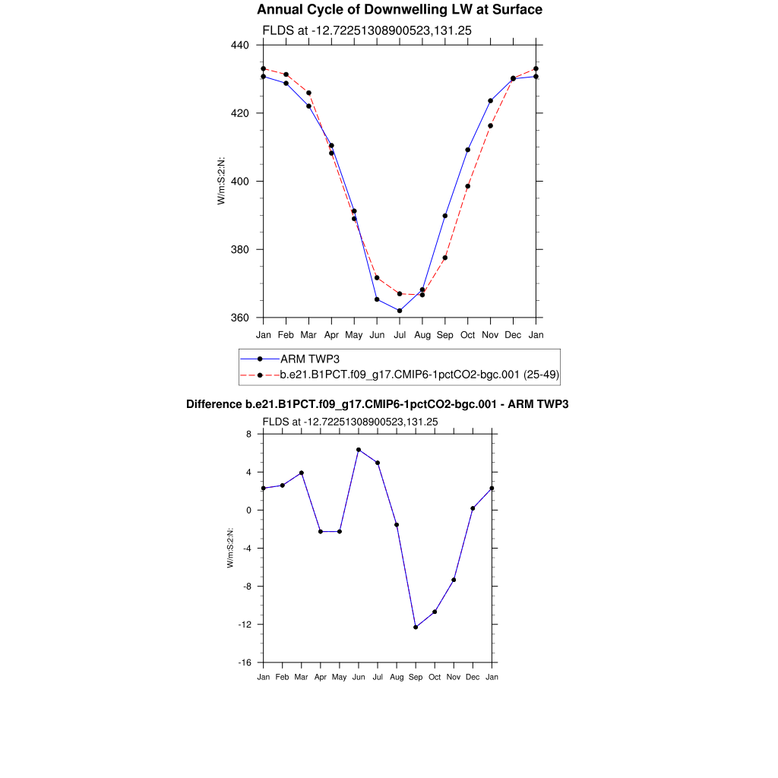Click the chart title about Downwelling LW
point(400,10)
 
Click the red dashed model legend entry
point(420,375)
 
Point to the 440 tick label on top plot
point(242,45)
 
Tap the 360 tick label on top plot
point(242,318)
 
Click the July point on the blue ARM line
point(400,311)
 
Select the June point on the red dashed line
point(377,277)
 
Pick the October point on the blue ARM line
point(468,150)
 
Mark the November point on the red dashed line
point(491,125)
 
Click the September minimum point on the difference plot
point(416,627)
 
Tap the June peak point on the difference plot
point(359,450)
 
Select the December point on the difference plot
point(473,508)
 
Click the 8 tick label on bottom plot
point(248,434)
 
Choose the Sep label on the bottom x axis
point(416,676)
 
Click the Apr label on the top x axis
point(331,334)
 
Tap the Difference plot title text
point(378,404)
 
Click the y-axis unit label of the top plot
point(221,182)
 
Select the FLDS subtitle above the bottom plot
point(350,422)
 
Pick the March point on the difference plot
point(302,473)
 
